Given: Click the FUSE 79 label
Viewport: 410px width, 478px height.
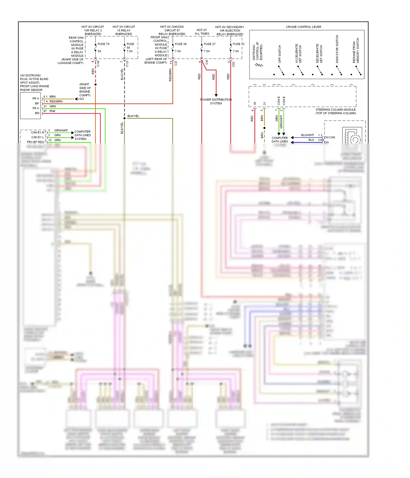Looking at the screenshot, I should point(103,44).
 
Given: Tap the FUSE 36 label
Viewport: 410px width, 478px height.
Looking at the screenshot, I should point(181,44).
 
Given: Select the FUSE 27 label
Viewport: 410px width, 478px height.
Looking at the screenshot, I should point(209,44).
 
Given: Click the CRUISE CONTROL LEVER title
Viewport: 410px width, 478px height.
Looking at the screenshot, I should point(303,27).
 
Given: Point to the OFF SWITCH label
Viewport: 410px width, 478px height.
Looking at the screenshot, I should point(280,54).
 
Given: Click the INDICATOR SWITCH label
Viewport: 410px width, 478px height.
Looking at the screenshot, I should point(337,49).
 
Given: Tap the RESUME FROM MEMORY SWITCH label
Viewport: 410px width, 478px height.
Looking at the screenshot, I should point(356,51).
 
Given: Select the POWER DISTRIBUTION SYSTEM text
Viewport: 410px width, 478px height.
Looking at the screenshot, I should point(216,101).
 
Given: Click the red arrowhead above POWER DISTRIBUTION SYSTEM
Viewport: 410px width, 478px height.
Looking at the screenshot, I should point(216,95).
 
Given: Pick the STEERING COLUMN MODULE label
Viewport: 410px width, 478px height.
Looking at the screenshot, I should point(336,110).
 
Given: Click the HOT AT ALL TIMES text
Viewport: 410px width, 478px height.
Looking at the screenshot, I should point(202,32).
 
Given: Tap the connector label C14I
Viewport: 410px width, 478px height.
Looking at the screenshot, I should point(98,64).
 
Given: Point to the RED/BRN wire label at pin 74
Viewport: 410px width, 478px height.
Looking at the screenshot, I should point(56,101).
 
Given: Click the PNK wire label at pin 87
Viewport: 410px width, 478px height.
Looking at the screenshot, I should point(52,111).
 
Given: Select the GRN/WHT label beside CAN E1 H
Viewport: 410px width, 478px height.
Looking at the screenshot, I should point(61,130).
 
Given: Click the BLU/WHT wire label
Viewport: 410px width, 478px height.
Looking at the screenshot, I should point(307,135).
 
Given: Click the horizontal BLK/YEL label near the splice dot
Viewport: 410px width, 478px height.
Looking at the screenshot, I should point(133,116).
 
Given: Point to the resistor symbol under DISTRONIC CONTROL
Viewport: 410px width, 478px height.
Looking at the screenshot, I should point(259,65).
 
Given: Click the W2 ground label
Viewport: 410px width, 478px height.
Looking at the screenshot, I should point(81,99).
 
